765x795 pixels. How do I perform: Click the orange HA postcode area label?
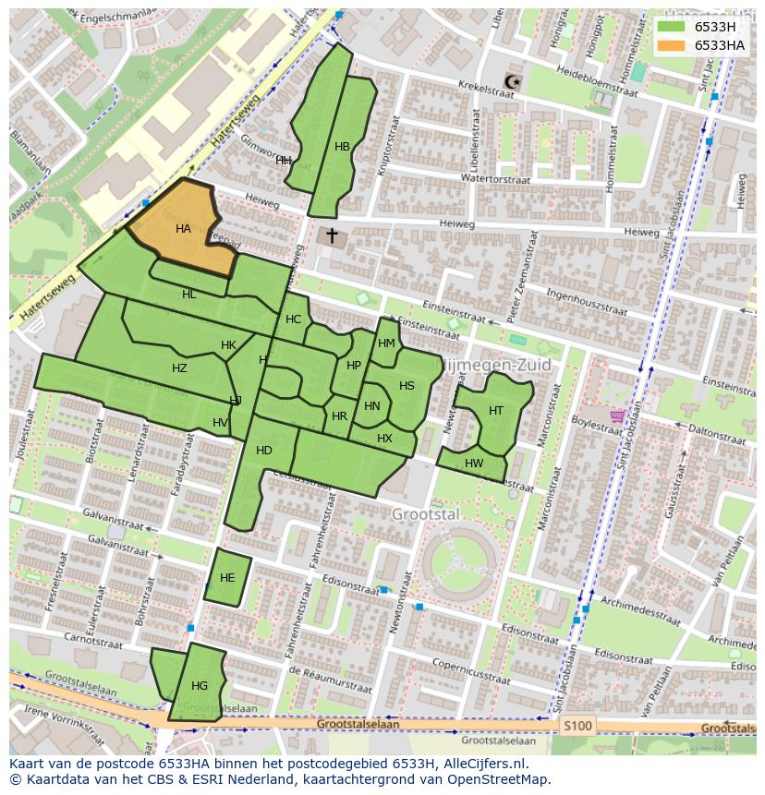[x=183, y=229]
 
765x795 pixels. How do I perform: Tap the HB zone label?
[x=343, y=147]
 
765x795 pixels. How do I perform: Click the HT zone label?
[x=496, y=411]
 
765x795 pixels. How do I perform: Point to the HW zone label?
[x=474, y=464]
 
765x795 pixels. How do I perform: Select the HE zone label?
[x=227, y=578]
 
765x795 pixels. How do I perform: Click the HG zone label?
[x=200, y=686]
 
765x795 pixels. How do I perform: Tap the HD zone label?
[x=264, y=451]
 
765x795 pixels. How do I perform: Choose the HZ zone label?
[x=179, y=368]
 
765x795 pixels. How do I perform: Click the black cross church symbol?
[x=332, y=236]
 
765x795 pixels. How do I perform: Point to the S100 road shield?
[x=579, y=726]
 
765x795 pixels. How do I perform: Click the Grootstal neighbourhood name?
[x=425, y=513]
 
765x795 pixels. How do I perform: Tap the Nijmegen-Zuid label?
[x=500, y=365]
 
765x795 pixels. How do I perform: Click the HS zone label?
[x=407, y=386]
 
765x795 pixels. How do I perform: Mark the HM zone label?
[x=386, y=343]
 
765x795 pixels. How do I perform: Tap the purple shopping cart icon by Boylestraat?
[x=616, y=417]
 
